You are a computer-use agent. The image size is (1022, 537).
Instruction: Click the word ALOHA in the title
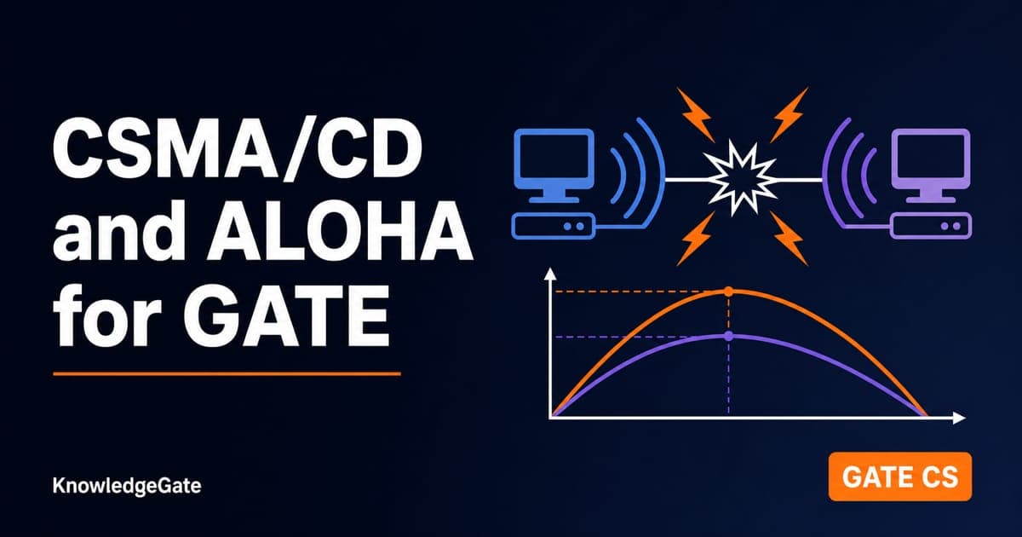coord(340,232)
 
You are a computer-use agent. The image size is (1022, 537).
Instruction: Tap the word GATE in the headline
coord(286,315)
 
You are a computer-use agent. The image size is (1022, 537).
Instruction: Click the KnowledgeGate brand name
coord(127,485)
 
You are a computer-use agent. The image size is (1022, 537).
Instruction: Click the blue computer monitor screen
coord(554,158)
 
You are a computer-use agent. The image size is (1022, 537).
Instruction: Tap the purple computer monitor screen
coord(931,158)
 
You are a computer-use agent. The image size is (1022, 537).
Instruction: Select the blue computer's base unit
coord(554,226)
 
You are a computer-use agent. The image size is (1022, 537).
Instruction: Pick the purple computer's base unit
coord(931,226)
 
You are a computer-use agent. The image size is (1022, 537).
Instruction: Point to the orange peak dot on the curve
coord(729,292)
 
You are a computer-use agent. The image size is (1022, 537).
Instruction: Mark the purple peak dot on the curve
coord(729,337)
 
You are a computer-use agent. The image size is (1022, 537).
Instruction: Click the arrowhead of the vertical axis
coord(551,273)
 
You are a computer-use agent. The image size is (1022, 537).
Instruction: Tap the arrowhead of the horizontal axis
coord(959,418)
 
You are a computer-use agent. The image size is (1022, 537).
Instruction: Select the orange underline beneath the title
coord(227,373)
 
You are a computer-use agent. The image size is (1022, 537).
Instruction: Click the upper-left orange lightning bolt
coord(695,115)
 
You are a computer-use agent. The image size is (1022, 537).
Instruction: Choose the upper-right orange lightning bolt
coord(789,115)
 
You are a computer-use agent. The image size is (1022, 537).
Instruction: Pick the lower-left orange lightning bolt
coord(695,239)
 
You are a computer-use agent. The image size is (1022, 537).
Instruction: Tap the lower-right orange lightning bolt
coord(789,239)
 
